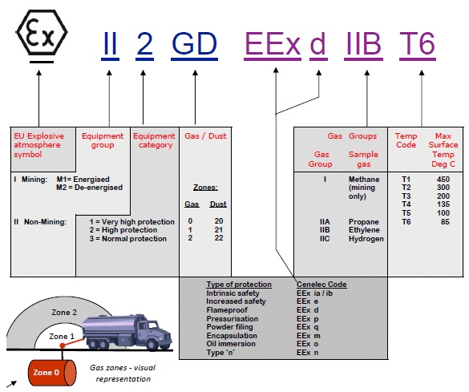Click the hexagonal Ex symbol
pyautogui.click(x=42, y=32)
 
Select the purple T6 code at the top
pyautogui.click(x=417, y=43)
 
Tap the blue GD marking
pyautogui.click(x=195, y=43)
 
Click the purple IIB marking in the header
pyautogui.click(x=363, y=43)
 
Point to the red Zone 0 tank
pyautogui.click(x=52, y=373)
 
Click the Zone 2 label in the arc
pyautogui.click(x=64, y=313)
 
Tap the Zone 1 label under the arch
pyautogui.click(x=62, y=337)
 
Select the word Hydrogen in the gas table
pyautogui.click(x=366, y=239)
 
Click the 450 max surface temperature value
pyautogui.click(x=443, y=180)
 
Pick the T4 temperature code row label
pyautogui.click(x=406, y=204)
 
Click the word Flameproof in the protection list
pyautogui.click(x=227, y=310)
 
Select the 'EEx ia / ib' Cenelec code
pyautogui.click(x=314, y=293)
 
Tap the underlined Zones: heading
pyautogui.click(x=205, y=188)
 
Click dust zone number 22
pyautogui.click(x=219, y=238)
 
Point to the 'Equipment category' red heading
pyautogui.click(x=154, y=140)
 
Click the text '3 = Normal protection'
pyautogui.click(x=127, y=239)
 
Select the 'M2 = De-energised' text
pyautogui.click(x=90, y=188)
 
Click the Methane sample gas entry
pyautogui.click(x=364, y=180)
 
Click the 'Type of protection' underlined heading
pyautogui.click(x=239, y=285)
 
